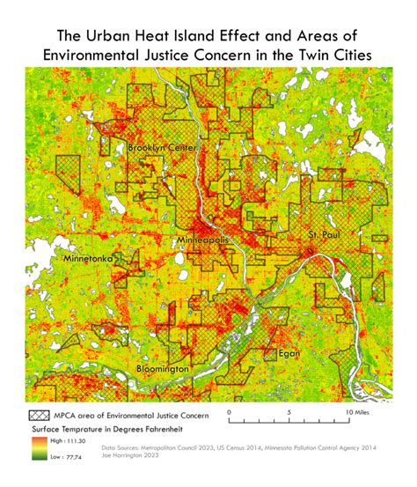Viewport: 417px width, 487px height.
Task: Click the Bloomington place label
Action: (162, 368)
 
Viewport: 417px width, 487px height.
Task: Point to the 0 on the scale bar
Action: (228, 411)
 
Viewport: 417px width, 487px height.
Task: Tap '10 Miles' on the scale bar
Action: (360, 411)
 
